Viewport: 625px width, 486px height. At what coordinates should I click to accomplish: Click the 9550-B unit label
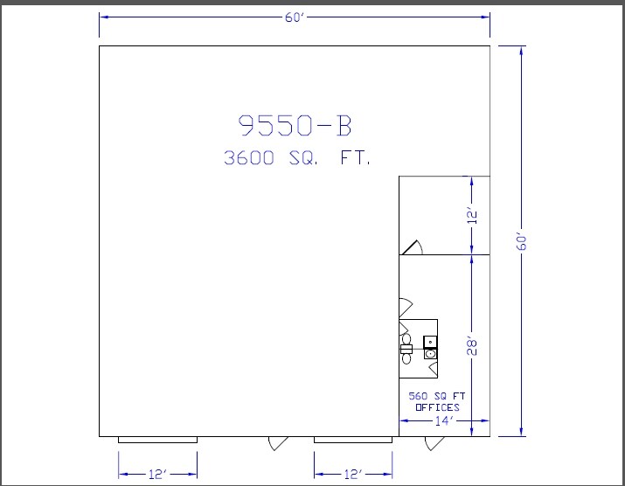295,125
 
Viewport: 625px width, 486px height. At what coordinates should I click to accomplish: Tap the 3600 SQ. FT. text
297,158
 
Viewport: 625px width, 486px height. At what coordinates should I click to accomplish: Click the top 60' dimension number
295,17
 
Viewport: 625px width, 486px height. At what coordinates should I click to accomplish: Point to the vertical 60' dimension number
521,240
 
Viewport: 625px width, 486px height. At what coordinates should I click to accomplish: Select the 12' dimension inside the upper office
472,215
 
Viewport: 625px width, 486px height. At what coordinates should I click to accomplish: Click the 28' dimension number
471,346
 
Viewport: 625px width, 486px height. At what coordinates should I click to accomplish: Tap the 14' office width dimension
444,420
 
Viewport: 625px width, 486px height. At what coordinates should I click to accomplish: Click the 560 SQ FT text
436,396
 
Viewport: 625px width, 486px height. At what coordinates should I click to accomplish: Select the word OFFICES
437,407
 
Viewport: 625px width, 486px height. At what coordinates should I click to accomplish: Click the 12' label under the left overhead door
158,474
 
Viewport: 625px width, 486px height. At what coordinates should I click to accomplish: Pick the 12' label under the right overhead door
353,474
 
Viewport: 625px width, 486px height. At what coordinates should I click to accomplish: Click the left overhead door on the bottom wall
158,440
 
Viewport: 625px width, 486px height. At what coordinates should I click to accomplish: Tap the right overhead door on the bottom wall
353,440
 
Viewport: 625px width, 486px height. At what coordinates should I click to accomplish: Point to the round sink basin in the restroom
430,354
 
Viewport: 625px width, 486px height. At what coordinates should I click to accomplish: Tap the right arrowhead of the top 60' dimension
485,17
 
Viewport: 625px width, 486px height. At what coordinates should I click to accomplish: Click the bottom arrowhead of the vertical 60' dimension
521,432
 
